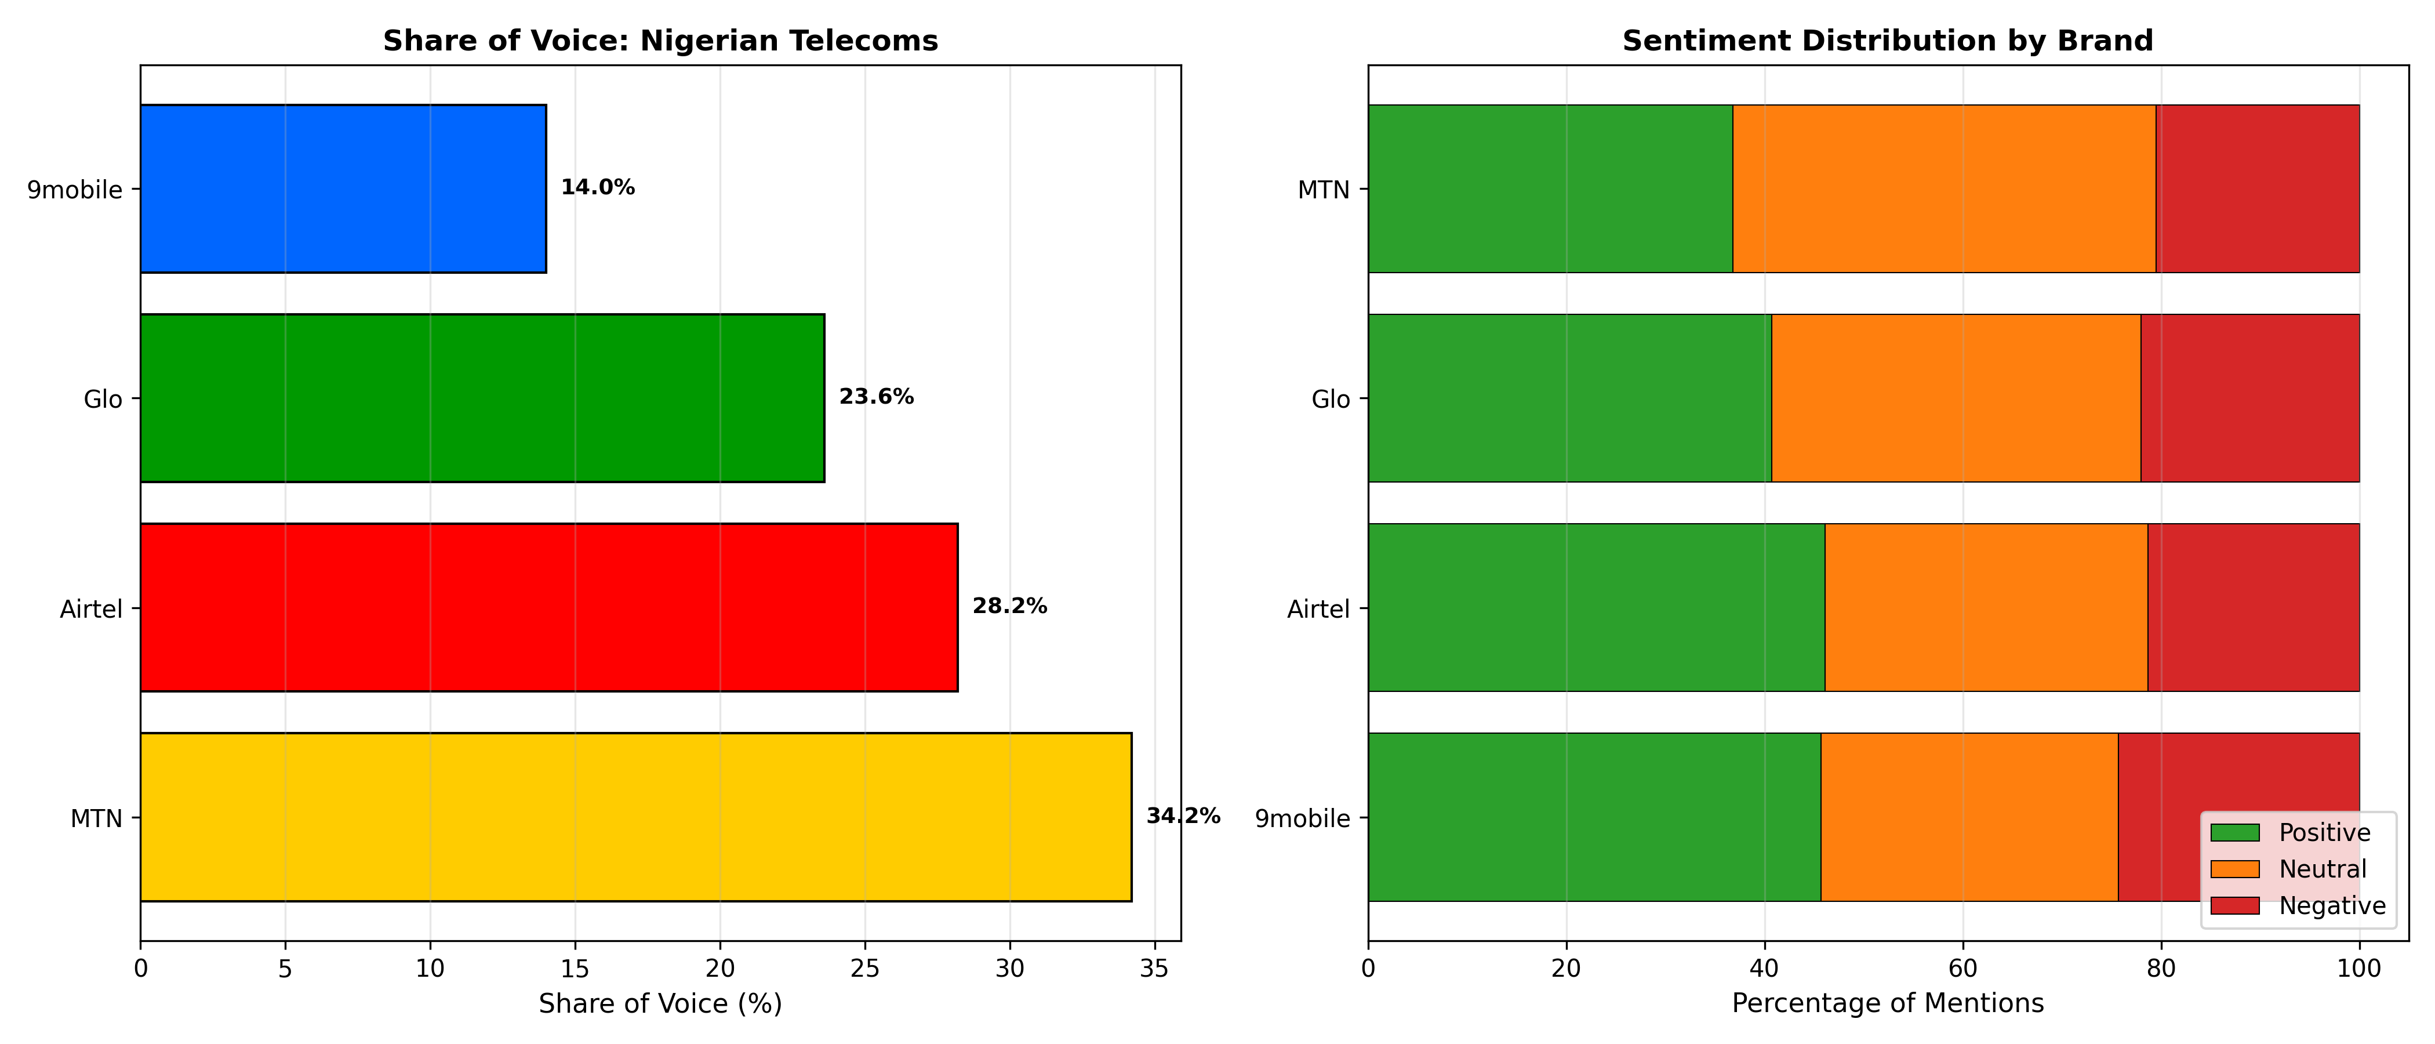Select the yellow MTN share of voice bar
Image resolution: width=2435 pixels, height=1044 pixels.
(x=636, y=817)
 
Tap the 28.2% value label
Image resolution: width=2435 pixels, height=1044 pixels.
(x=1009, y=606)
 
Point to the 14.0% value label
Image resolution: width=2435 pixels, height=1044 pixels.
(x=597, y=187)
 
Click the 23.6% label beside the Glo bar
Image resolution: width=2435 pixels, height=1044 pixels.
(x=876, y=397)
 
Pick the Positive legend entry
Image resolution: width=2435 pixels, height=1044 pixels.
(x=2291, y=832)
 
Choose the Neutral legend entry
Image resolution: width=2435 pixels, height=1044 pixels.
(x=2288, y=869)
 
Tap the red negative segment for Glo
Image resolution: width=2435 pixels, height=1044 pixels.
(x=2249, y=398)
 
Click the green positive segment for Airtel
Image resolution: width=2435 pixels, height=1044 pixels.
(x=1597, y=607)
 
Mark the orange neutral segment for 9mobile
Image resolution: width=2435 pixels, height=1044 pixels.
(x=1969, y=817)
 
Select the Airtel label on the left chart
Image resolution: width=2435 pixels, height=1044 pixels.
(x=92, y=609)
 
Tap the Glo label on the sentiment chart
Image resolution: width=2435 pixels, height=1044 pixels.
(x=1331, y=399)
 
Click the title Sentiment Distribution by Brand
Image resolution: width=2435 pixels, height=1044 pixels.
(x=1888, y=41)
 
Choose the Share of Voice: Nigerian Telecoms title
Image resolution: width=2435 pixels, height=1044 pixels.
(x=661, y=41)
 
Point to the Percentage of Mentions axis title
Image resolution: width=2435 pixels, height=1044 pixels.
(x=1888, y=1003)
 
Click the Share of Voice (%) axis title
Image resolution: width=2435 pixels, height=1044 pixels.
(x=661, y=1003)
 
